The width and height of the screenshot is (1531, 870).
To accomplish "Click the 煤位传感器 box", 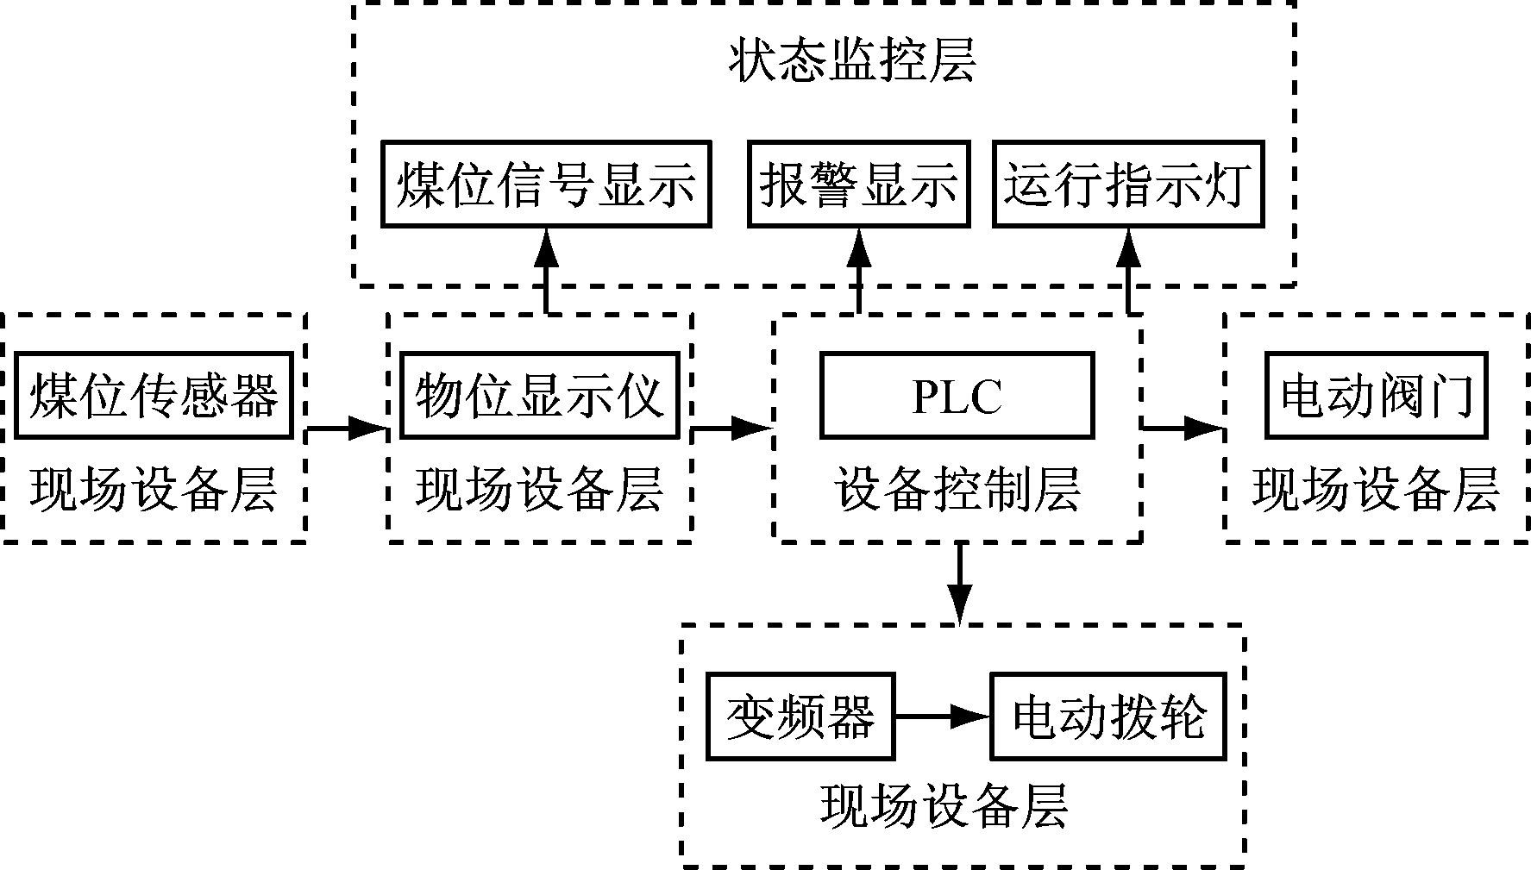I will (154, 395).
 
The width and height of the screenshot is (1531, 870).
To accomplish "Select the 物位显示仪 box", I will (539, 395).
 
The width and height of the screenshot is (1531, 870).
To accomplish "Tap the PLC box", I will (957, 395).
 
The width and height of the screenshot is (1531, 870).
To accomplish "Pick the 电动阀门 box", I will (1376, 395).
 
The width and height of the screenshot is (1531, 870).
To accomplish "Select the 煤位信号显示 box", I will (546, 185).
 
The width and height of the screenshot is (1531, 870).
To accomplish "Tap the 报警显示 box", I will (858, 185).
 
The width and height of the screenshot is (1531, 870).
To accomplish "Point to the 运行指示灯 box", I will (1127, 185).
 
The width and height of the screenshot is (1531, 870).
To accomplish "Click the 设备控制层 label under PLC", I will (957, 490).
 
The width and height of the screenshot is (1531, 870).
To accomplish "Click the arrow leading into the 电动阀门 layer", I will (1183, 427).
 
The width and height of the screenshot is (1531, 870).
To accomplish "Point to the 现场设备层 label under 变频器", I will (944, 807).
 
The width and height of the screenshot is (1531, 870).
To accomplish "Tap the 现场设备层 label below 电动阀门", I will (1376, 490).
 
